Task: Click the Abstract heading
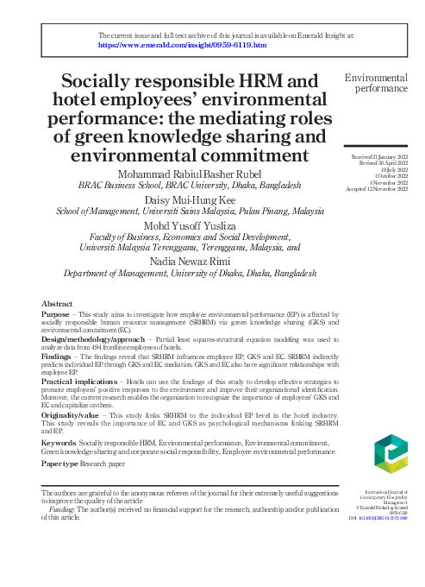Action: pos(57,304)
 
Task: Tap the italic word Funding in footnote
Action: pos(63,509)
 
